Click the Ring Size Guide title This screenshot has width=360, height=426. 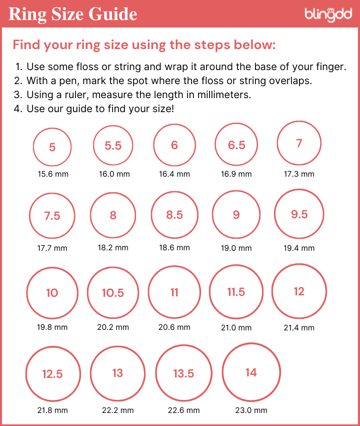point(73,14)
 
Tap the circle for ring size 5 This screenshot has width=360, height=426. point(52,147)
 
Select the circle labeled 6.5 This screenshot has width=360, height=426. point(236,145)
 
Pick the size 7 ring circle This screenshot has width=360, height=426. point(299,143)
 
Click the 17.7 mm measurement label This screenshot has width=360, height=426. point(52,248)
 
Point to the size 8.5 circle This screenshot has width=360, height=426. point(174,215)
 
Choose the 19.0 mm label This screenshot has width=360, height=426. point(236,248)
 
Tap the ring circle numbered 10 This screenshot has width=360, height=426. point(52,293)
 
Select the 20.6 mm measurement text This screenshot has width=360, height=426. point(174,327)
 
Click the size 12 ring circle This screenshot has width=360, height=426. point(299,291)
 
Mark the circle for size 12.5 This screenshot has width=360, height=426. point(52,374)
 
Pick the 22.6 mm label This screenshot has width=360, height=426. point(184,410)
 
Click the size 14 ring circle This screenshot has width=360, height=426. point(251,372)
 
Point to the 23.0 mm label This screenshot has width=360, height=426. point(251,410)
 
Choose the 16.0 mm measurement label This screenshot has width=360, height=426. point(113,174)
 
